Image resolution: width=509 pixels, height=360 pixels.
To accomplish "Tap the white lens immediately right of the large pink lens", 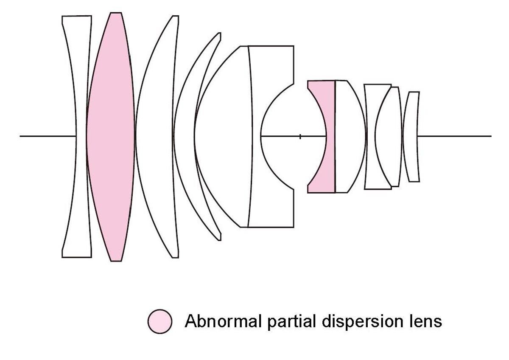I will click(157, 136).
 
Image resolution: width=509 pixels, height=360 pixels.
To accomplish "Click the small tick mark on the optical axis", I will click(300, 136).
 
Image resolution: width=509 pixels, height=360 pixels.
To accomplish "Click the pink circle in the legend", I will click(160, 321).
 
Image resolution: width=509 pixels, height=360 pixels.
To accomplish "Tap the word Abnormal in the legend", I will click(223, 321).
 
